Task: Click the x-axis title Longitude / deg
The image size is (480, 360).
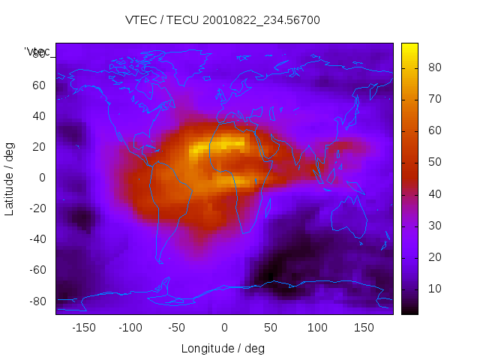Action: (223, 348)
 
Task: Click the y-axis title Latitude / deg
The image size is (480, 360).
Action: (10, 178)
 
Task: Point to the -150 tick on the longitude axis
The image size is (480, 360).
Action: (83, 328)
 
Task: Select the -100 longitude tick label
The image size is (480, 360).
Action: (130, 328)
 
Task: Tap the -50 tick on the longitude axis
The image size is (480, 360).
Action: (177, 328)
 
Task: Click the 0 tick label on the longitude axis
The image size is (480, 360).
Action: (223, 328)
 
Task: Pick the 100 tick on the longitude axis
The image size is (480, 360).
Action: (317, 328)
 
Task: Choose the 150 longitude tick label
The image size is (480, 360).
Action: (364, 328)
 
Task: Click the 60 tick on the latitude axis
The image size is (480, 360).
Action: (38, 85)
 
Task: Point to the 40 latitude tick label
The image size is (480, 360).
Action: (38, 116)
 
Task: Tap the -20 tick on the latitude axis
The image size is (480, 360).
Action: (36, 208)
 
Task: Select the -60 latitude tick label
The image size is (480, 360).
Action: (36, 270)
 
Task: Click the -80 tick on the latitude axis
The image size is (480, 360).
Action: (36, 301)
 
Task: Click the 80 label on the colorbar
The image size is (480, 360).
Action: (433, 67)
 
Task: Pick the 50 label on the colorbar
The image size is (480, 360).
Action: (433, 162)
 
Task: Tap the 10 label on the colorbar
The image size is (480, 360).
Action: (433, 289)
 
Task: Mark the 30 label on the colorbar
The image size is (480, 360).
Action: (433, 226)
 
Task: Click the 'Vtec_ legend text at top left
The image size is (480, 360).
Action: (37, 52)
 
